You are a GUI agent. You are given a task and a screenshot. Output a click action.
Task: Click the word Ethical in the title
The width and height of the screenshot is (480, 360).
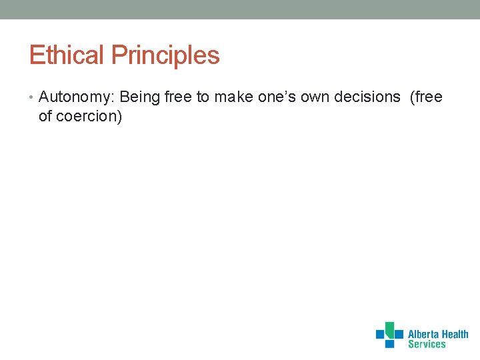point(67,55)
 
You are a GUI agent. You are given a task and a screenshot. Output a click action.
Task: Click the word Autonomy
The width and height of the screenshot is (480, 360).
point(77,97)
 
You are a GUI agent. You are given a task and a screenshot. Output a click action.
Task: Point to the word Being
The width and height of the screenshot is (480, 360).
point(140,97)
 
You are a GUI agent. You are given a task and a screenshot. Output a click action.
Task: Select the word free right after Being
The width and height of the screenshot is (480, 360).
point(178,97)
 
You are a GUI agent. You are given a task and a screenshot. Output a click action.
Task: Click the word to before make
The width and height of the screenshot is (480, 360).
point(203,97)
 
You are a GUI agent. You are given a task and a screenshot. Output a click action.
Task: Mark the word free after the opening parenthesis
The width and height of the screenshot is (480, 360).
point(428,97)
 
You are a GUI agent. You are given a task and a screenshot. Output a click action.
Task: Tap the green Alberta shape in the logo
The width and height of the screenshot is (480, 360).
point(397,330)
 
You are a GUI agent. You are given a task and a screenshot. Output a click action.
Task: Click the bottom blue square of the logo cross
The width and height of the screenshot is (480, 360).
point(389,343)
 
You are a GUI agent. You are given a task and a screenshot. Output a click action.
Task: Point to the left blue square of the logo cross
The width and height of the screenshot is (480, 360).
point(380,334)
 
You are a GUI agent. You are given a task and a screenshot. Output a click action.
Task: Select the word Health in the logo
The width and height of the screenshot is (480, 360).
point(455,335)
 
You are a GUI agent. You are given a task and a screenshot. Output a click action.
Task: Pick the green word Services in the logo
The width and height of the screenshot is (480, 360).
point(427,345)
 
